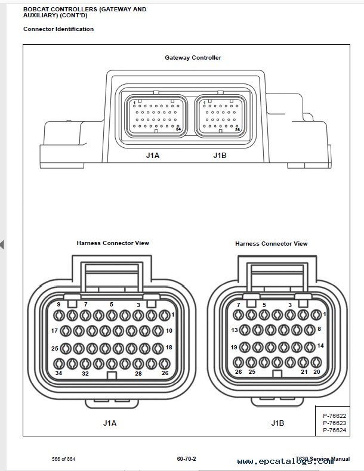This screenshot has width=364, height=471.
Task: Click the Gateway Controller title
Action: tap(193, 58)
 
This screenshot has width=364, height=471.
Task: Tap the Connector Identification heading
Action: tap(58, 29)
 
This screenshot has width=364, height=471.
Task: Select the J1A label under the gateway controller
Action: tap(152, 155)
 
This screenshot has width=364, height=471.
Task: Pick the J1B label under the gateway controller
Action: tap(220, 155)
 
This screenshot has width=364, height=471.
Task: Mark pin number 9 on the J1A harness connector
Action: tap(58, 305)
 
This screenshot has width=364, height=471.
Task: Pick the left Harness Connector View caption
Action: tap(113, 243)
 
